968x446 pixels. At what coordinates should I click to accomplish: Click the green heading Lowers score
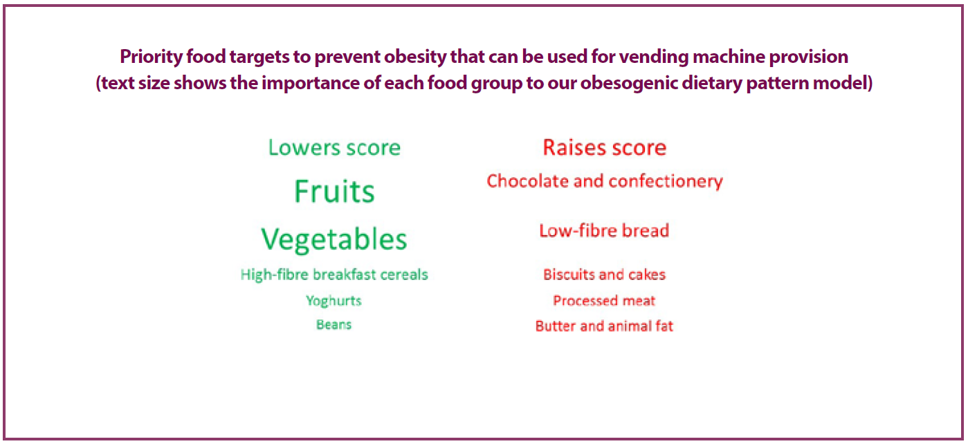click(334, 148)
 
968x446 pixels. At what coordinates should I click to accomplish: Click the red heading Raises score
click(605, 148)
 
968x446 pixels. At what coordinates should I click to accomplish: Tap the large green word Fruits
click(334, 192)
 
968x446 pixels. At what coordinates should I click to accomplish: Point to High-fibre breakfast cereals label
click(334, 275)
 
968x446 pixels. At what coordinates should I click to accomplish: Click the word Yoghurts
click(334, 301)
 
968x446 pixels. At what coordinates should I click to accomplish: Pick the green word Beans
click(334, 325)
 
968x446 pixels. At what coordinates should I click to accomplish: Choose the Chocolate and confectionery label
click(605, 181)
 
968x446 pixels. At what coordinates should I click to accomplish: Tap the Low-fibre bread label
click(604, 230)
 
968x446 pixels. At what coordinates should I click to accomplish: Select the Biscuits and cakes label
click(604, 275)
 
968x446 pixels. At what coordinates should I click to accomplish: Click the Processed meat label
click(604, 301)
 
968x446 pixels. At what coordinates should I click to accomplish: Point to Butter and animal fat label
click(604, 326)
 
